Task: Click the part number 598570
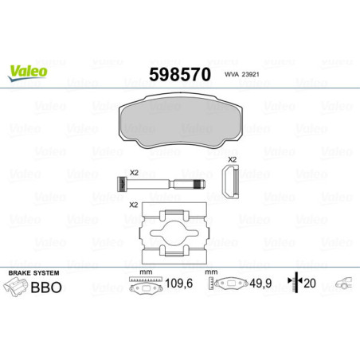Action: (179, 76)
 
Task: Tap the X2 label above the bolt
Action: (134, 171)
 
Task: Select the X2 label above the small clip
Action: (233, 161)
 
